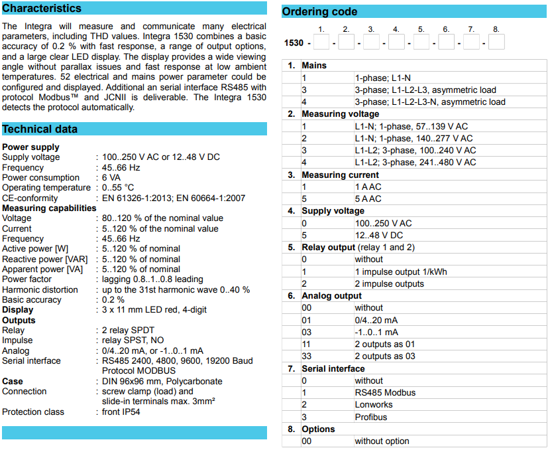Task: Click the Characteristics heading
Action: click(42, 9)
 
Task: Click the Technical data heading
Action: click(40, 129)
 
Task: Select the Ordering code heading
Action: click(319, 11)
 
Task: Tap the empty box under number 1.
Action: click(321, 42)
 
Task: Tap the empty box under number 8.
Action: click(496, 42)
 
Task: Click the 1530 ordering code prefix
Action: click(294, 43)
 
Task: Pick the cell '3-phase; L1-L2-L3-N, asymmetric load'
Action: click(430, 102)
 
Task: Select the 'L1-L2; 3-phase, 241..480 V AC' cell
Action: click(415, 163)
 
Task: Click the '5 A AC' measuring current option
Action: click(368, 199)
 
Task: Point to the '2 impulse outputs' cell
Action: click(389, 284)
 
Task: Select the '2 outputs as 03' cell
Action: click(386, 356)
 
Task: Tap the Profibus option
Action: click(371, 417)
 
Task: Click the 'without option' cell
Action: click(382, 441)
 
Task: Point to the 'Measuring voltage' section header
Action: click(333, 114)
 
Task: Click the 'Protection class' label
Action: click(33, 412)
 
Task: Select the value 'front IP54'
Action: click(121, 412)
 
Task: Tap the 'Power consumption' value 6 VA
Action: click(111, 178)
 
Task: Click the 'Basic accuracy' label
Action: click(32, 300)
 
